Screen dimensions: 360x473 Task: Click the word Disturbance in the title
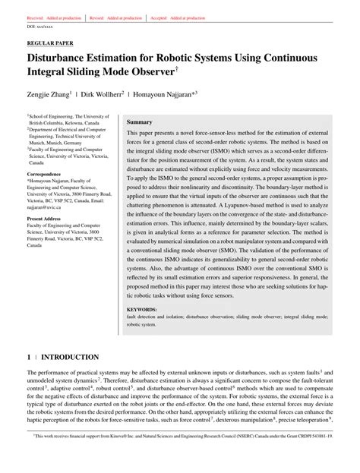point(65,58)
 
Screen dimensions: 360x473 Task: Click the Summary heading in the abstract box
point(140,121)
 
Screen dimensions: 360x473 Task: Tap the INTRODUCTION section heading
point(70,357)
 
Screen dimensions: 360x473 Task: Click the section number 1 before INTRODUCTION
point(29,357)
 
